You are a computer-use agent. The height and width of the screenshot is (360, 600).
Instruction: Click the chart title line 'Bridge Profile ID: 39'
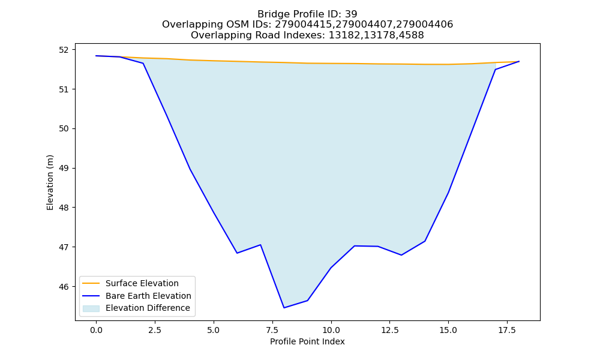[307, 14]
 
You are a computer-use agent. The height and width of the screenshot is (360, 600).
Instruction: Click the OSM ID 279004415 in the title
[305, 25]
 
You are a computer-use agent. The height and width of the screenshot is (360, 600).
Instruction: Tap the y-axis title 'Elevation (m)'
[50, 183]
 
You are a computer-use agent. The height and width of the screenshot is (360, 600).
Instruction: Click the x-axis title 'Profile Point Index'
[307, 341]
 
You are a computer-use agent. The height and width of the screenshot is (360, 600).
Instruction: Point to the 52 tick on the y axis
[64, 50]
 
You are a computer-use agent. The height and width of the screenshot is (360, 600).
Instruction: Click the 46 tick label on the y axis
[64, 287]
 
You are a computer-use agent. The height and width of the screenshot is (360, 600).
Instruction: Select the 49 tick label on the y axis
[64, 169]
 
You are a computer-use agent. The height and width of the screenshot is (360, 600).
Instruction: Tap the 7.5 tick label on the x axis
[272, 330]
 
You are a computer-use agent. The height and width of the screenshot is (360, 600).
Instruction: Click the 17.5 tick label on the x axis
[507, 330]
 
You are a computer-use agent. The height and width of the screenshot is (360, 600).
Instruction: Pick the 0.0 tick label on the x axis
[96, 330]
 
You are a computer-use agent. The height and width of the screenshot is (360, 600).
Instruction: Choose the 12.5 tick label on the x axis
[389, 330]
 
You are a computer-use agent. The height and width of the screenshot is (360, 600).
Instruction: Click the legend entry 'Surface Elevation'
[142, 283]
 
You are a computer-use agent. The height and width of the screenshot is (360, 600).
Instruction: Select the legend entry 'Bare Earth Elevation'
[148, 296]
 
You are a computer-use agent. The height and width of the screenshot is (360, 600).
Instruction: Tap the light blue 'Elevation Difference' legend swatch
[91, 308]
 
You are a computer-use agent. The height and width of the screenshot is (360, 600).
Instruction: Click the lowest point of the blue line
[284, 308]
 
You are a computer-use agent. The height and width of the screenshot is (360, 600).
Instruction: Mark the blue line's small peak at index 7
[260, 244]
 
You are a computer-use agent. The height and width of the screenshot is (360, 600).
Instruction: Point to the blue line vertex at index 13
[401, 255]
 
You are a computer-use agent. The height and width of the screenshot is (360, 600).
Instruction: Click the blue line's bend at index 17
[495, 69]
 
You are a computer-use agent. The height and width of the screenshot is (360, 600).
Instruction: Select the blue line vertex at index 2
[143, 63]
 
